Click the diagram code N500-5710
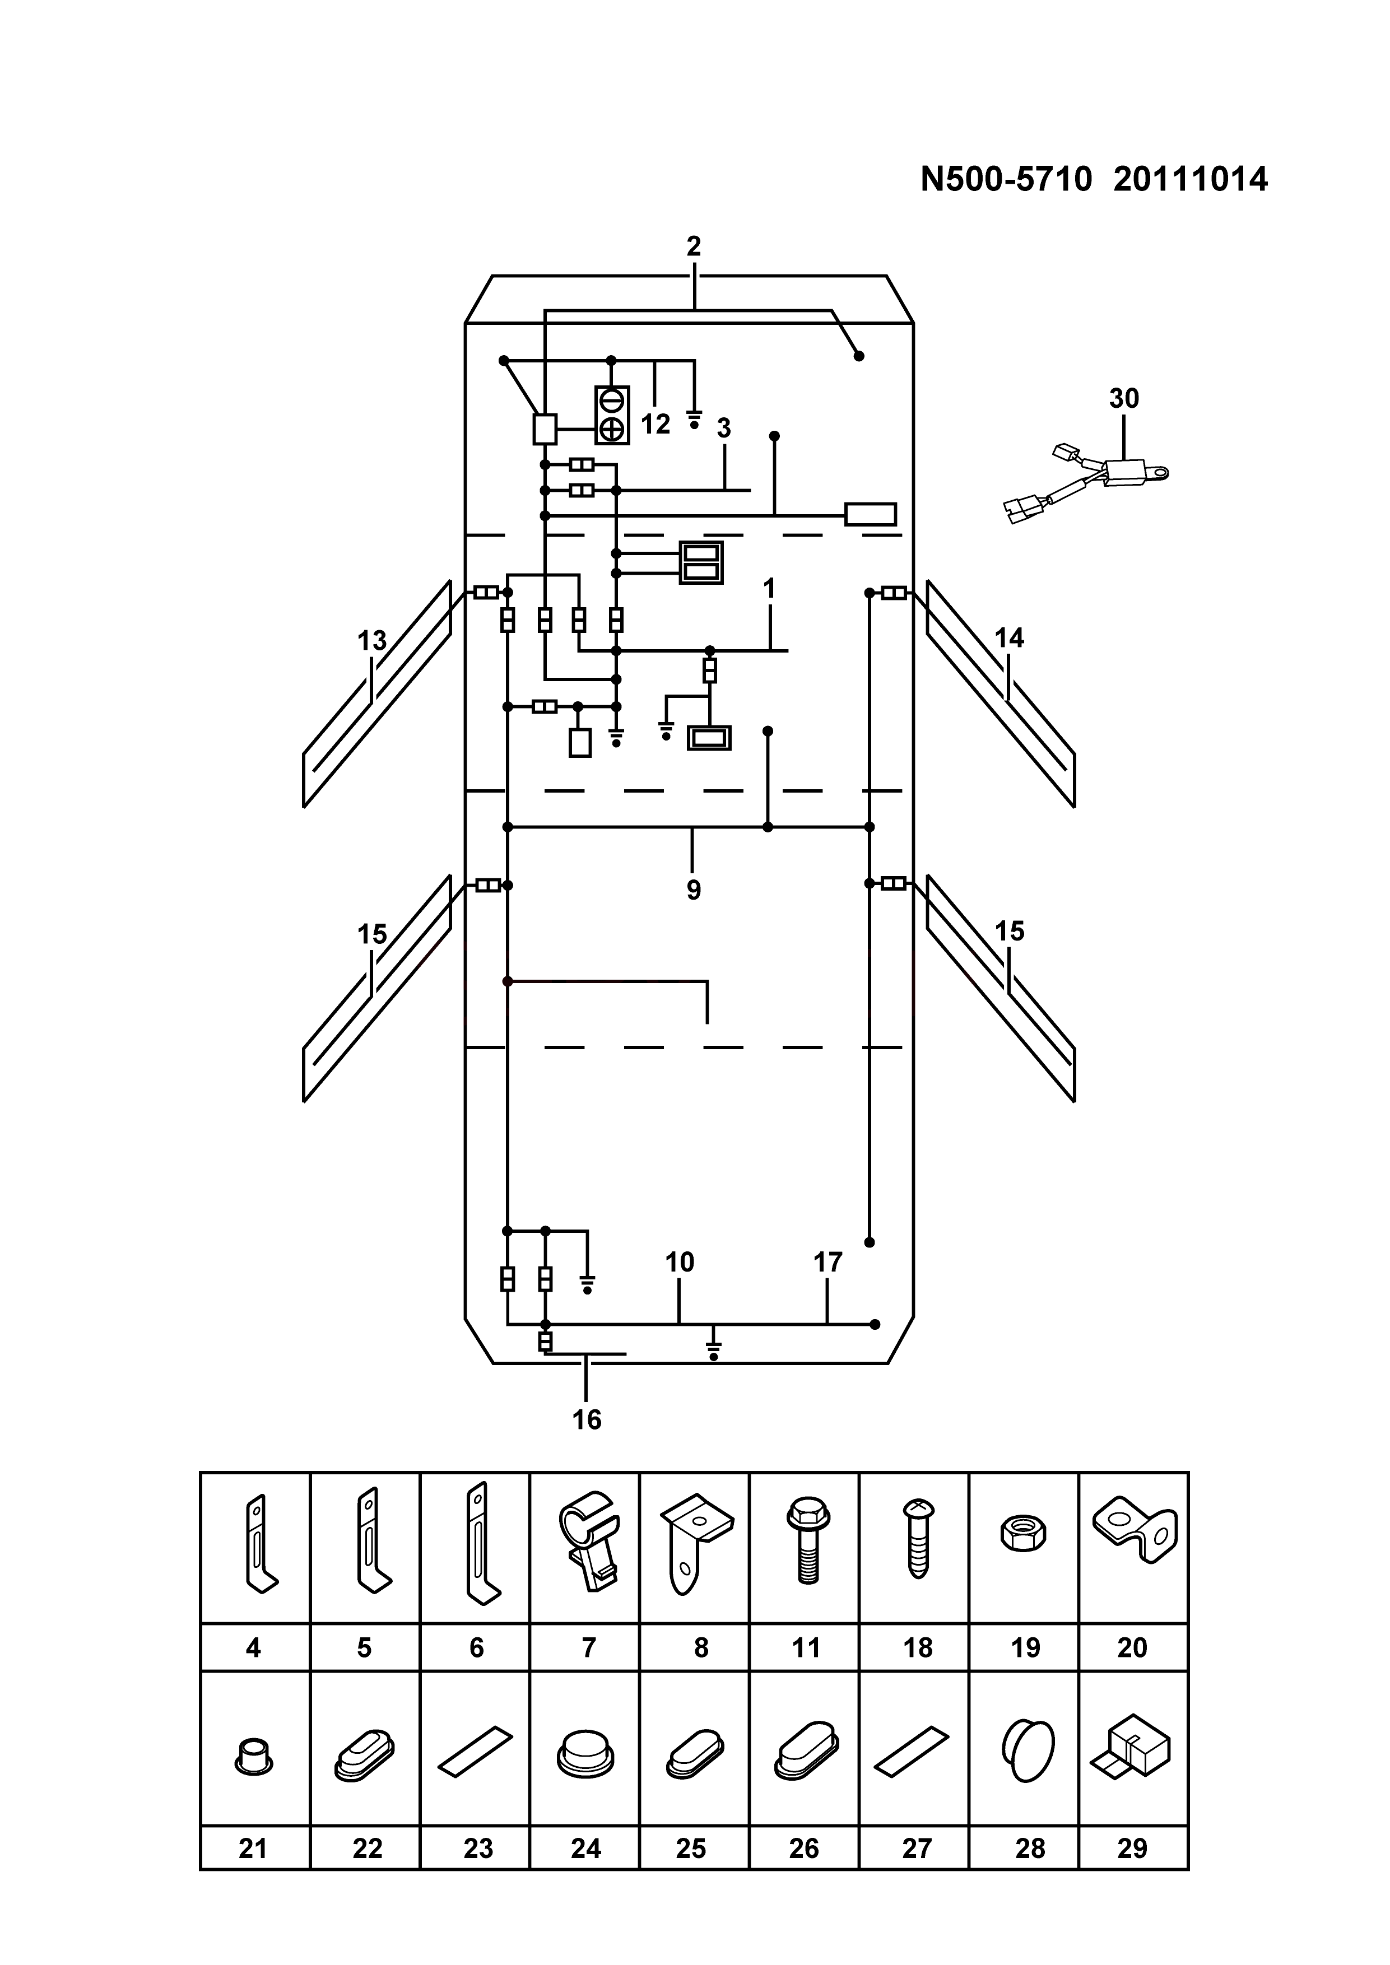coord(1007,180)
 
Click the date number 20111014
coord(1191,180)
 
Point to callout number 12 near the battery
coord(656,425)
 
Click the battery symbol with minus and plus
coord(612,415)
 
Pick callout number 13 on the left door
coord(373,641)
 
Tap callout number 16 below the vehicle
coord(587,1420)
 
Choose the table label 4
coord(253,1647)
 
